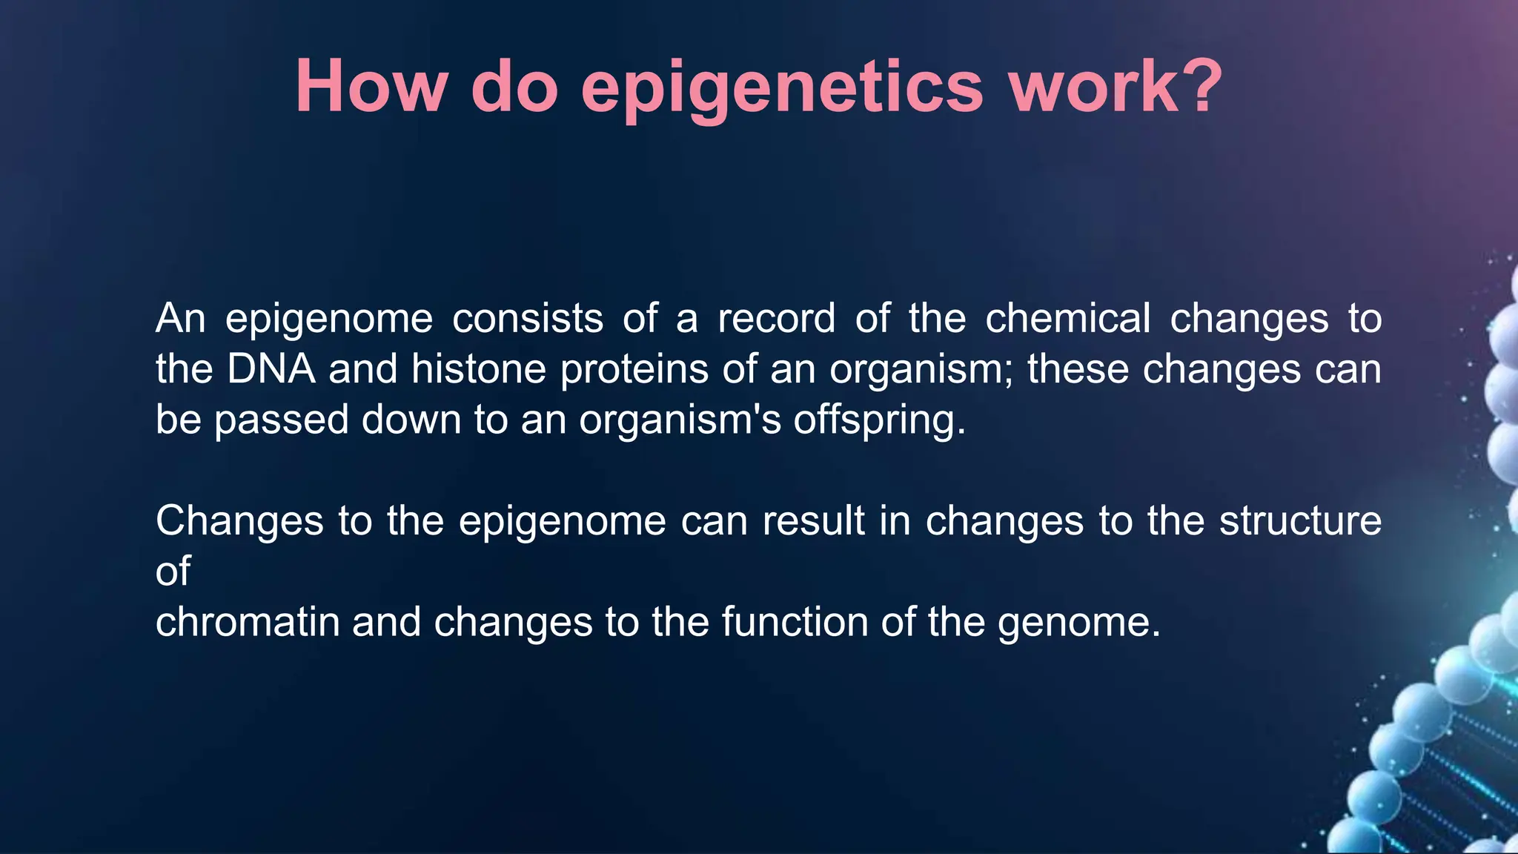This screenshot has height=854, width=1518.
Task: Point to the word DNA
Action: (x=271, y=369)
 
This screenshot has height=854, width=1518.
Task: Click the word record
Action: (x=776, y=319)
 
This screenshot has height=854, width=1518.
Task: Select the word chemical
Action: (x=1067, y=319)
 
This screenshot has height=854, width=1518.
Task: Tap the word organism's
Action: (x=680, y=420)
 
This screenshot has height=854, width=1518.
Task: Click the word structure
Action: (x=1300, y=520)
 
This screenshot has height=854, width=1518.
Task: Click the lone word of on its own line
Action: (x=173, y=571)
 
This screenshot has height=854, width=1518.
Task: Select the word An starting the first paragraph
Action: (x=180, y=319)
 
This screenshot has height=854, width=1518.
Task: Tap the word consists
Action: (x=528, y=319)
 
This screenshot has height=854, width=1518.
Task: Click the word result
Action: (x=813, y=520)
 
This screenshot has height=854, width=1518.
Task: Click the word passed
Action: (x=281, y=420)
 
